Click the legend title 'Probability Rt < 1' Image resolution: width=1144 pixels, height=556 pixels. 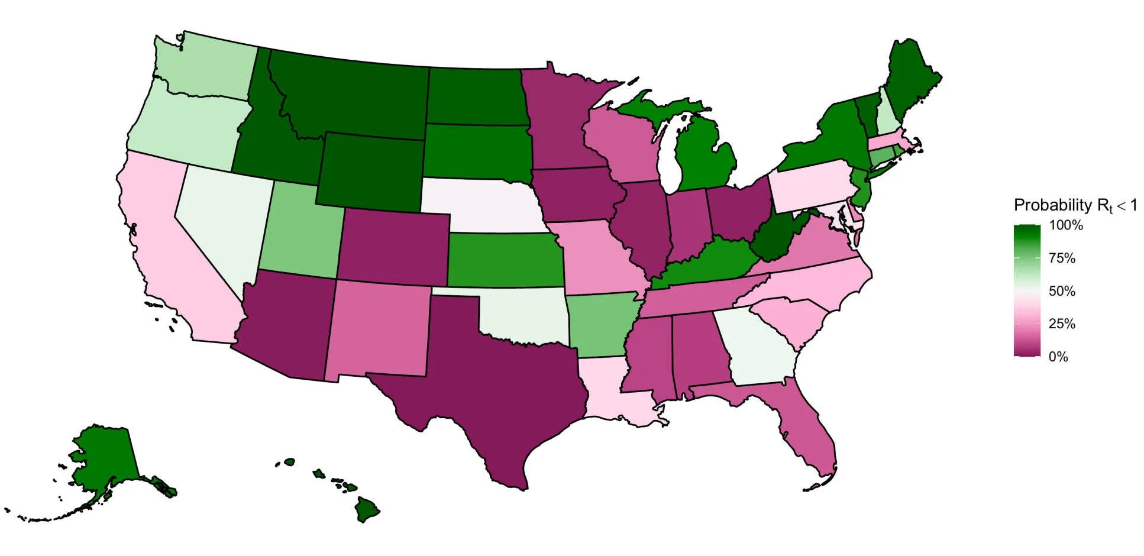click(1075, 205)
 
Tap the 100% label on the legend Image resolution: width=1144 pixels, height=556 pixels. click(1065, 225)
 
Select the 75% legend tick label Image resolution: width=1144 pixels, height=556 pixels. click(1062, 258)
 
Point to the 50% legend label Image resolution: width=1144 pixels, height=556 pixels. click(1062, 291)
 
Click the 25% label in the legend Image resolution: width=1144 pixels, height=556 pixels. click(1062, 324)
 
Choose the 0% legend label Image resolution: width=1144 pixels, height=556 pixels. click(1058, 357)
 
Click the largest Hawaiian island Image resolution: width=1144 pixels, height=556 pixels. click(367, 509)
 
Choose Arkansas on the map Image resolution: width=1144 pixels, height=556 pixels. click(600, 325)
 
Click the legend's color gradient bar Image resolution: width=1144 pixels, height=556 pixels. click(1027, 290)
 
